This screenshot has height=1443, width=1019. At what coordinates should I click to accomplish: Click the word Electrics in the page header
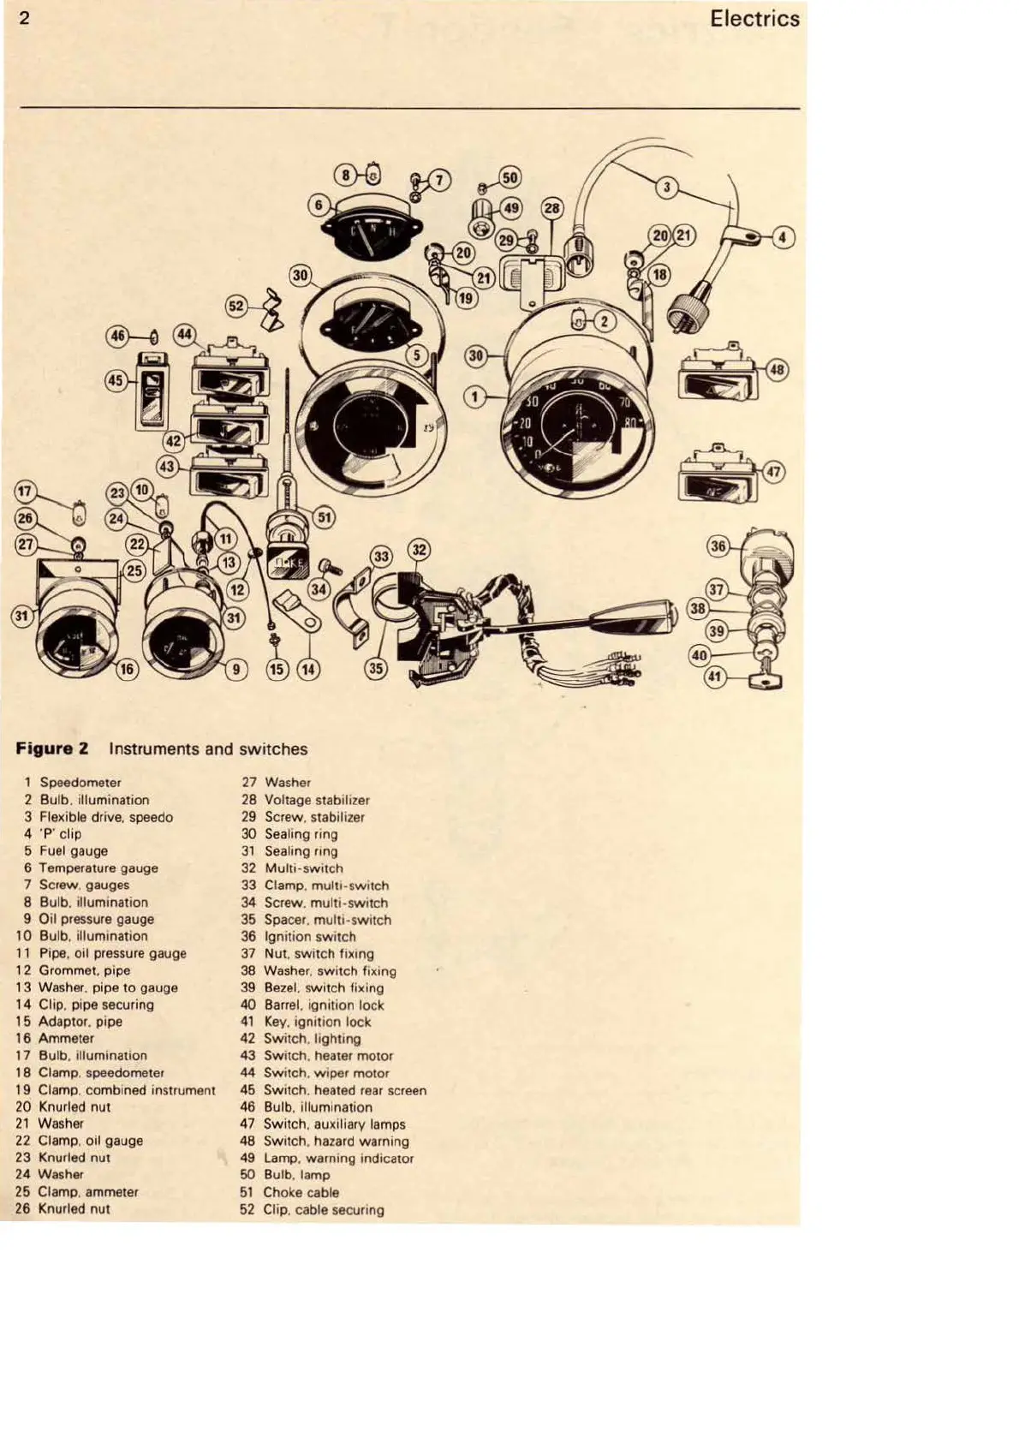(754, 19)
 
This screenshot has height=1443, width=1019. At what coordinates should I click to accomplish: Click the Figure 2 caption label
(52, 748)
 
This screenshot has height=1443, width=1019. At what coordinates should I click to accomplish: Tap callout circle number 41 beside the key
(714, 677)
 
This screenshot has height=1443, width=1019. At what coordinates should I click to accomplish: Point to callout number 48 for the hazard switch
(777, 370)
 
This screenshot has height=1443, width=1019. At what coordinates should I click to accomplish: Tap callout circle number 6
(319, 205)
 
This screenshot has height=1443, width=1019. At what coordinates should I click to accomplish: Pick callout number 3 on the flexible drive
(668, 188)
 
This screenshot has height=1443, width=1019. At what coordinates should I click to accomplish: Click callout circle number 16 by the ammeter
(127, 669)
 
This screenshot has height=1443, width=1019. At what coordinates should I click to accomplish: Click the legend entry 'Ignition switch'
(309, 936)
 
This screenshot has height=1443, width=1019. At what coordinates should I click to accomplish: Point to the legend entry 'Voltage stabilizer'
(317, 800)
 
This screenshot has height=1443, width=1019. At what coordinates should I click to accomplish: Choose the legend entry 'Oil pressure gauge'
(96, 919)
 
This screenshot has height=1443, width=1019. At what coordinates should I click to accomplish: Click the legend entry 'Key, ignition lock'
(318, 1022)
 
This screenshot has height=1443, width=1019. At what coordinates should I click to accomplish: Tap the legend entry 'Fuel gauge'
(74, 850)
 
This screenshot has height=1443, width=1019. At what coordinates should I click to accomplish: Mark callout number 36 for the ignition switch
(718, 546)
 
